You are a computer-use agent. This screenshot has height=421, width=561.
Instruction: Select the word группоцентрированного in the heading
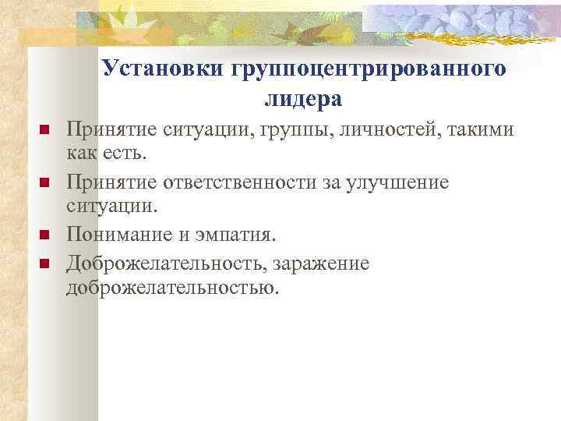369,70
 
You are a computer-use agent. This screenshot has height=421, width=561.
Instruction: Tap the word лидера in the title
303,99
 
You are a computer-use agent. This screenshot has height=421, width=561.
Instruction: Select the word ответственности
252,182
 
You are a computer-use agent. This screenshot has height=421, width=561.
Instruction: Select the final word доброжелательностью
171,288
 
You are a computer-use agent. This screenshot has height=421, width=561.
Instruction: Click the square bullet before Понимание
44,234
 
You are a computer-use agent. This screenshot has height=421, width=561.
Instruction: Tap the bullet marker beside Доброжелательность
44,263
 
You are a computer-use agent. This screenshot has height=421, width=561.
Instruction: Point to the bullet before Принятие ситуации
44,129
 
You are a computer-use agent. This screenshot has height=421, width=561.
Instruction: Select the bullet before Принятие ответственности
44,182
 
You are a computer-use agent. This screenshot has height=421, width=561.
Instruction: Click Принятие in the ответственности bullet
111,182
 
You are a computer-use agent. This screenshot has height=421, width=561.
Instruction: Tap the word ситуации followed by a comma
211,129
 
